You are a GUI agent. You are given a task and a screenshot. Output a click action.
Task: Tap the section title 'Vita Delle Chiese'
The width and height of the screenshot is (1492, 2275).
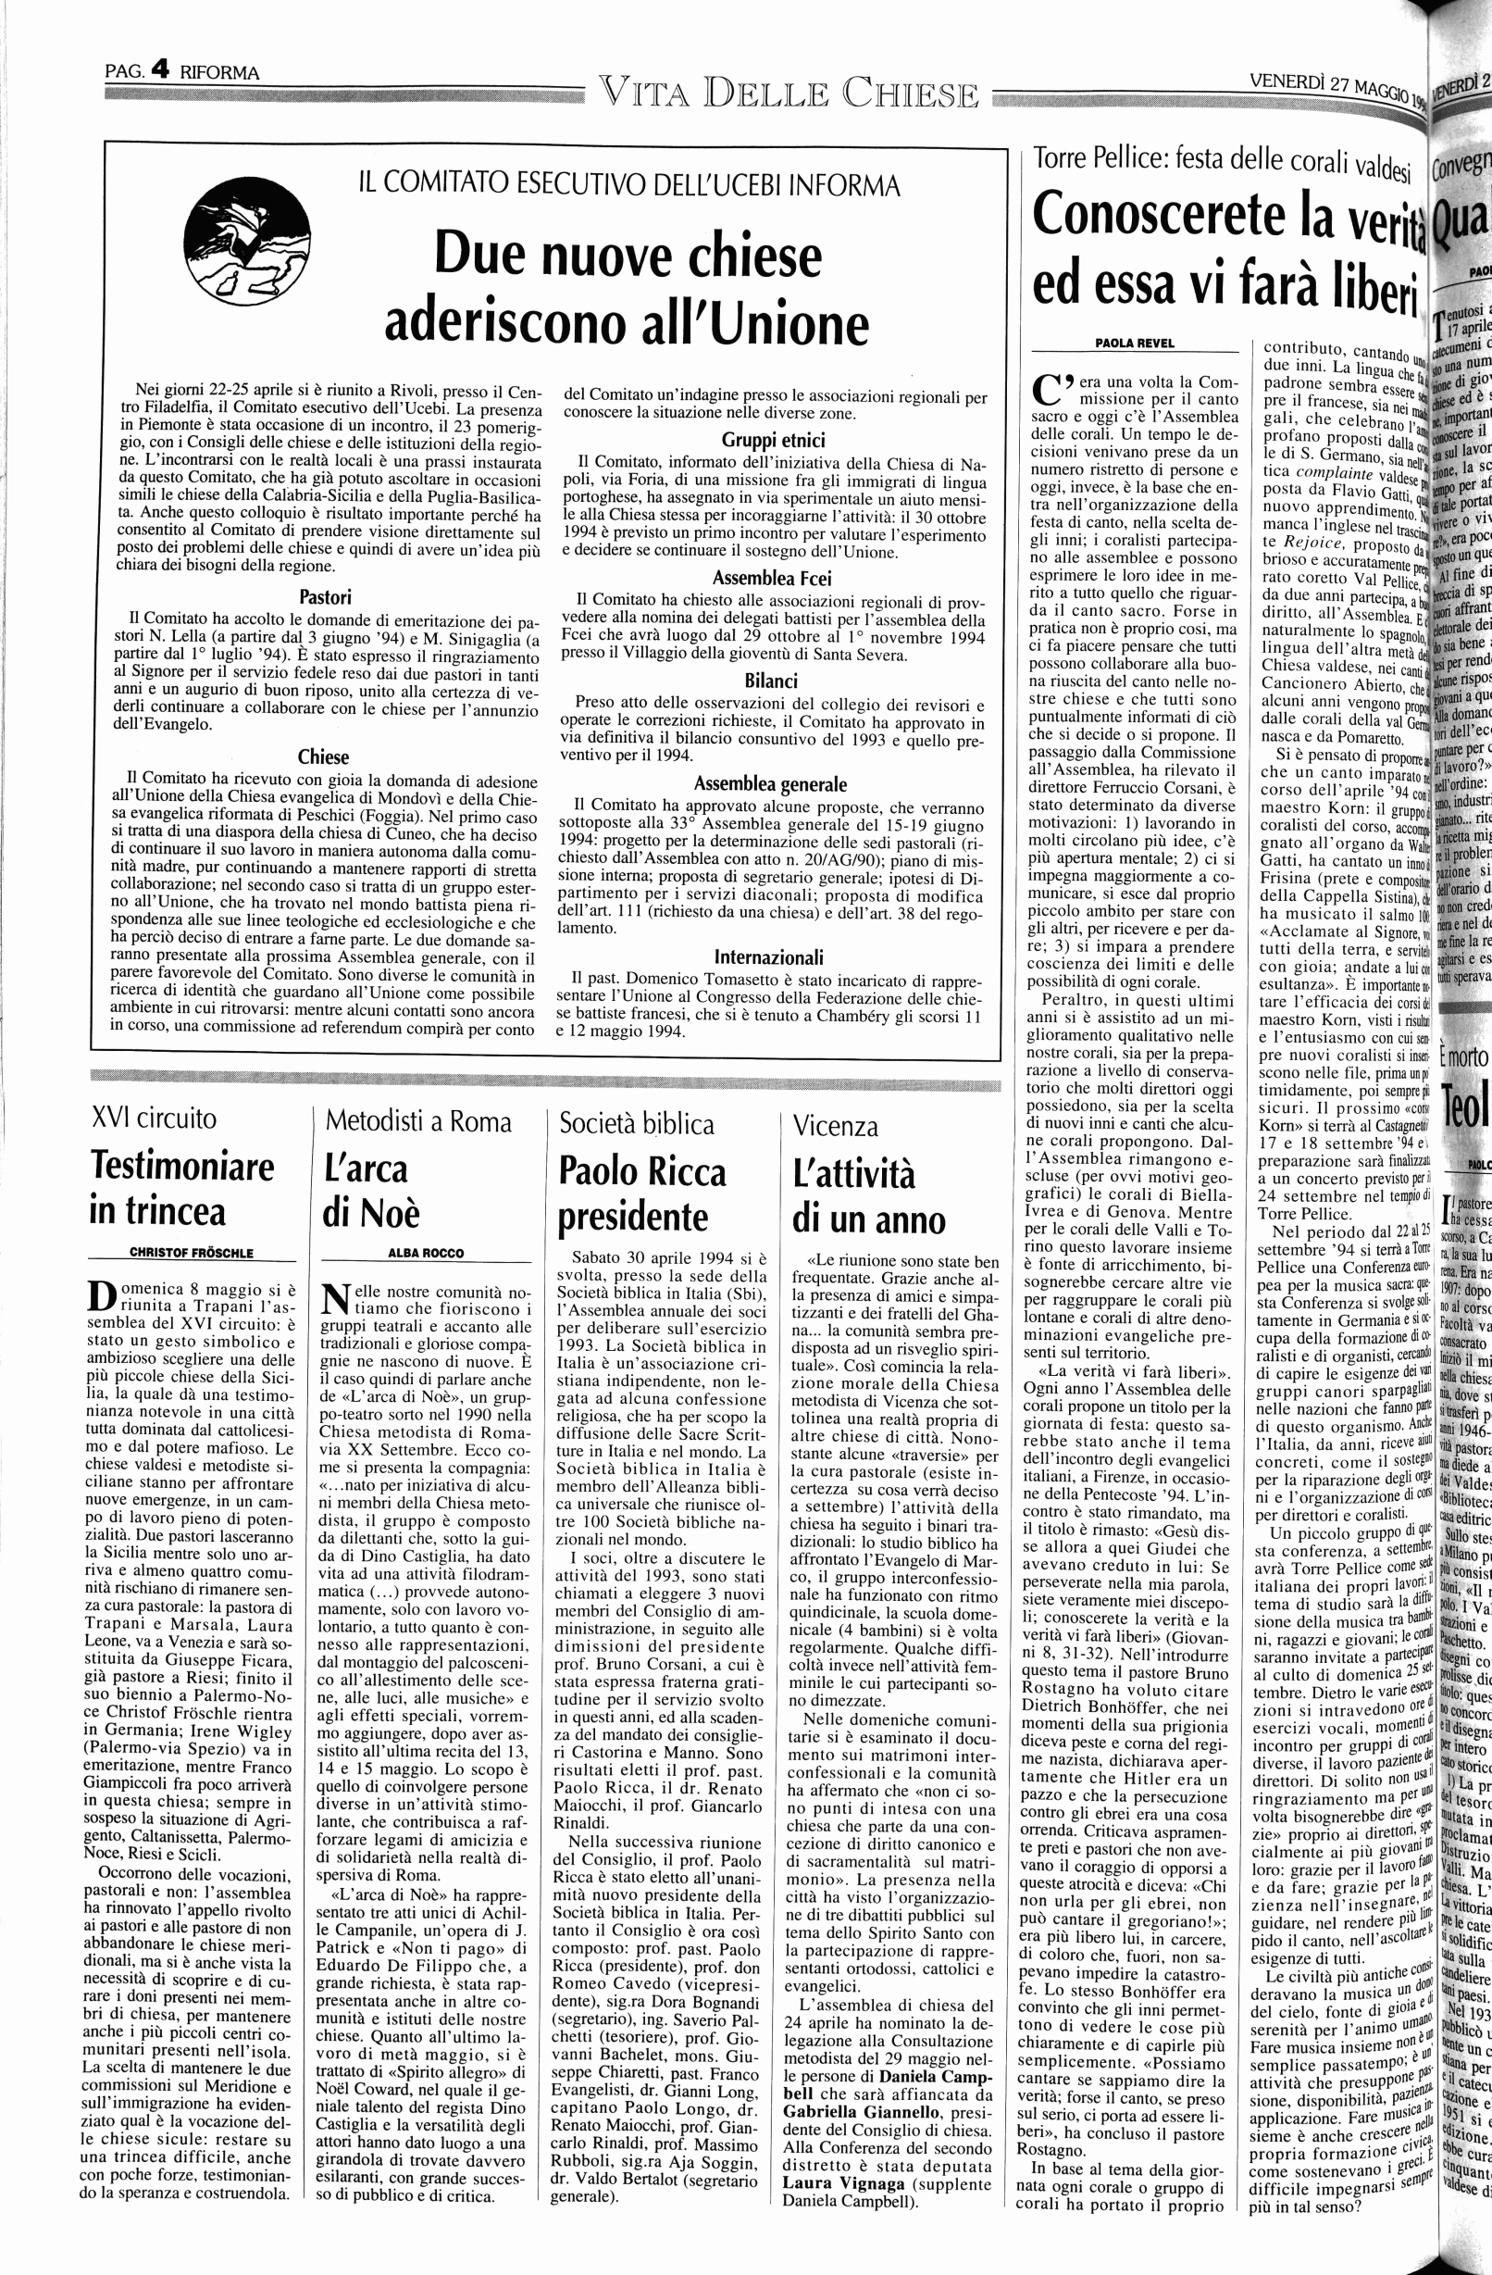790,94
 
